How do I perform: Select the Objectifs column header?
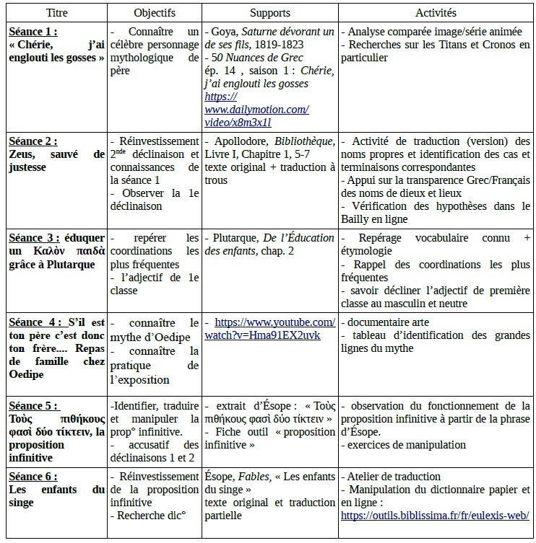pyautogui.click(x=155, y=14)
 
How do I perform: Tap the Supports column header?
pyautogui.click(x=270, y=14)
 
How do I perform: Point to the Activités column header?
pyautogui.click(x=436, y=14)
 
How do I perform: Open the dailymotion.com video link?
pyautogui.click(x=256, y=110)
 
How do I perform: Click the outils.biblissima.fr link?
pyautogui.click(x=434, y=516)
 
